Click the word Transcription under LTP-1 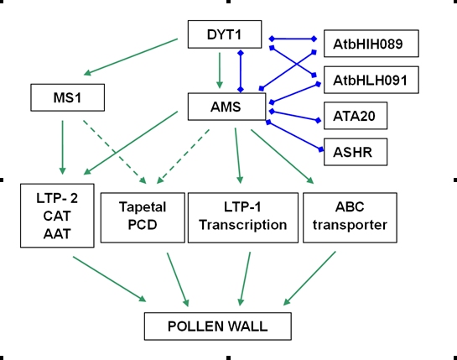[x=243, y=225]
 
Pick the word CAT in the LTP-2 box [x=57, y=217]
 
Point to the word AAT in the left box [x=57, y=234]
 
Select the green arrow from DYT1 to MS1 [x=131, y=56]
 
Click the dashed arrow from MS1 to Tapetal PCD [x=115, y=152]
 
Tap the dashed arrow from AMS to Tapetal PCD [x=183, y=156]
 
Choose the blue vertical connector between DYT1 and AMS [x=241, y=71]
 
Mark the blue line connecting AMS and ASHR [x=294, y=136]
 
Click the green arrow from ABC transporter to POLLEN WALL [x=309, y=279]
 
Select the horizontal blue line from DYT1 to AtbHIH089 [x=293, y=39]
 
